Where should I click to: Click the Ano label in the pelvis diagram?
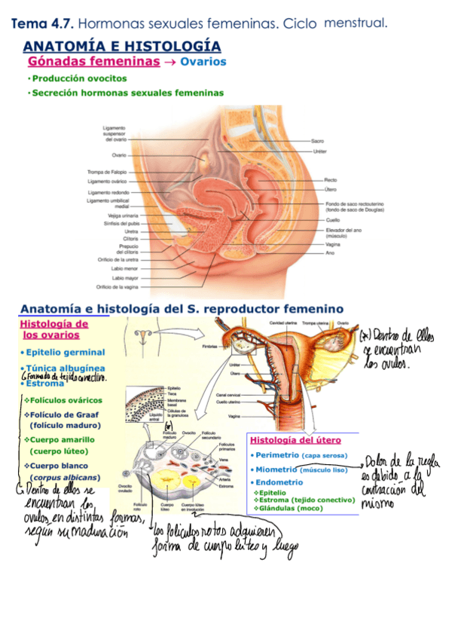pyautogui.click(x=329, y=253)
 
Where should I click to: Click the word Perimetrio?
pyautogui.click(x=276, y=455)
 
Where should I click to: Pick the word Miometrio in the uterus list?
pyautogui.click(x=276, y=469)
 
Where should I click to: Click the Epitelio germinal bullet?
pyautogui.click(x=64, y=352)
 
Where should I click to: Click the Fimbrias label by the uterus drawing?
pyautogui.click(x=213, y=347)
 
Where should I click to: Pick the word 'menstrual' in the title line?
pyautogui.click(x=356, y=23)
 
